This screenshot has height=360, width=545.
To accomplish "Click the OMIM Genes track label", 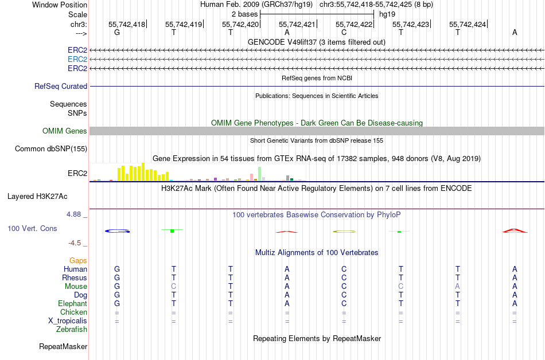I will pos(65,131).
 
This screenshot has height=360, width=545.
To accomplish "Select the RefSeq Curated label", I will pos(61,86).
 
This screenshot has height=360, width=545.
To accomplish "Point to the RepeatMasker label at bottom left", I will pos(63,346).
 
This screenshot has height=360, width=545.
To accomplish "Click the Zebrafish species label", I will pos(72,330).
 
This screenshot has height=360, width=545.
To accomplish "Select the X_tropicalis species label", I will pos(68,321).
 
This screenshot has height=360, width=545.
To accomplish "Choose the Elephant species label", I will pos(72,304).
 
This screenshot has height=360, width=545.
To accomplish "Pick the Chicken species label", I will pos(73,312).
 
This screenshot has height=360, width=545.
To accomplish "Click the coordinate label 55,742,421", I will pos(297,25).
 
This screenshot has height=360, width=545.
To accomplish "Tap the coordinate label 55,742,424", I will pos(468,25).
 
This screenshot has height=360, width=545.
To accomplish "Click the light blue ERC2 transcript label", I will pos(77,59).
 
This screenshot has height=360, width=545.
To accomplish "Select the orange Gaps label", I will pos(78,261).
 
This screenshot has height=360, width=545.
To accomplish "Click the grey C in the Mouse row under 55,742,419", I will pos(174,287).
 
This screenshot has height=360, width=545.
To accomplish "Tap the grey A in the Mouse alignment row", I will pos(457,287).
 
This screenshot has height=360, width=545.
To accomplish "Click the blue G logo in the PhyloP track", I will pos(118,230).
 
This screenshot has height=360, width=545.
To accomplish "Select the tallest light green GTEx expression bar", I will pos(260,174).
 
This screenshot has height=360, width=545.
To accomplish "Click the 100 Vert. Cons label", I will pos(32,228).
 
